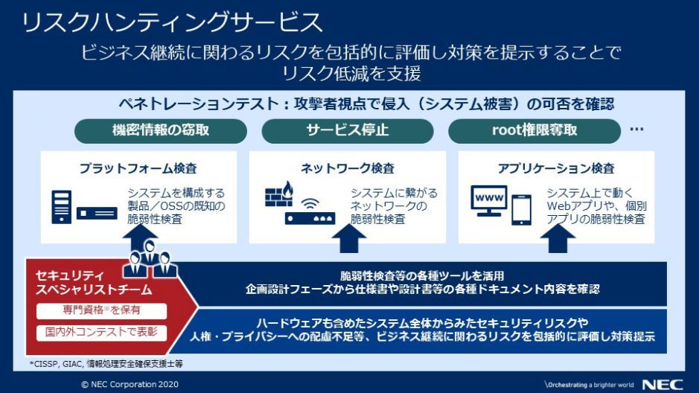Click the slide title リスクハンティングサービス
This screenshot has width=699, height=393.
[172, 22]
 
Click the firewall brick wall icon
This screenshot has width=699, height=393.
[279, 195]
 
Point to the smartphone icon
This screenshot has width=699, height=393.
[523, 206]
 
